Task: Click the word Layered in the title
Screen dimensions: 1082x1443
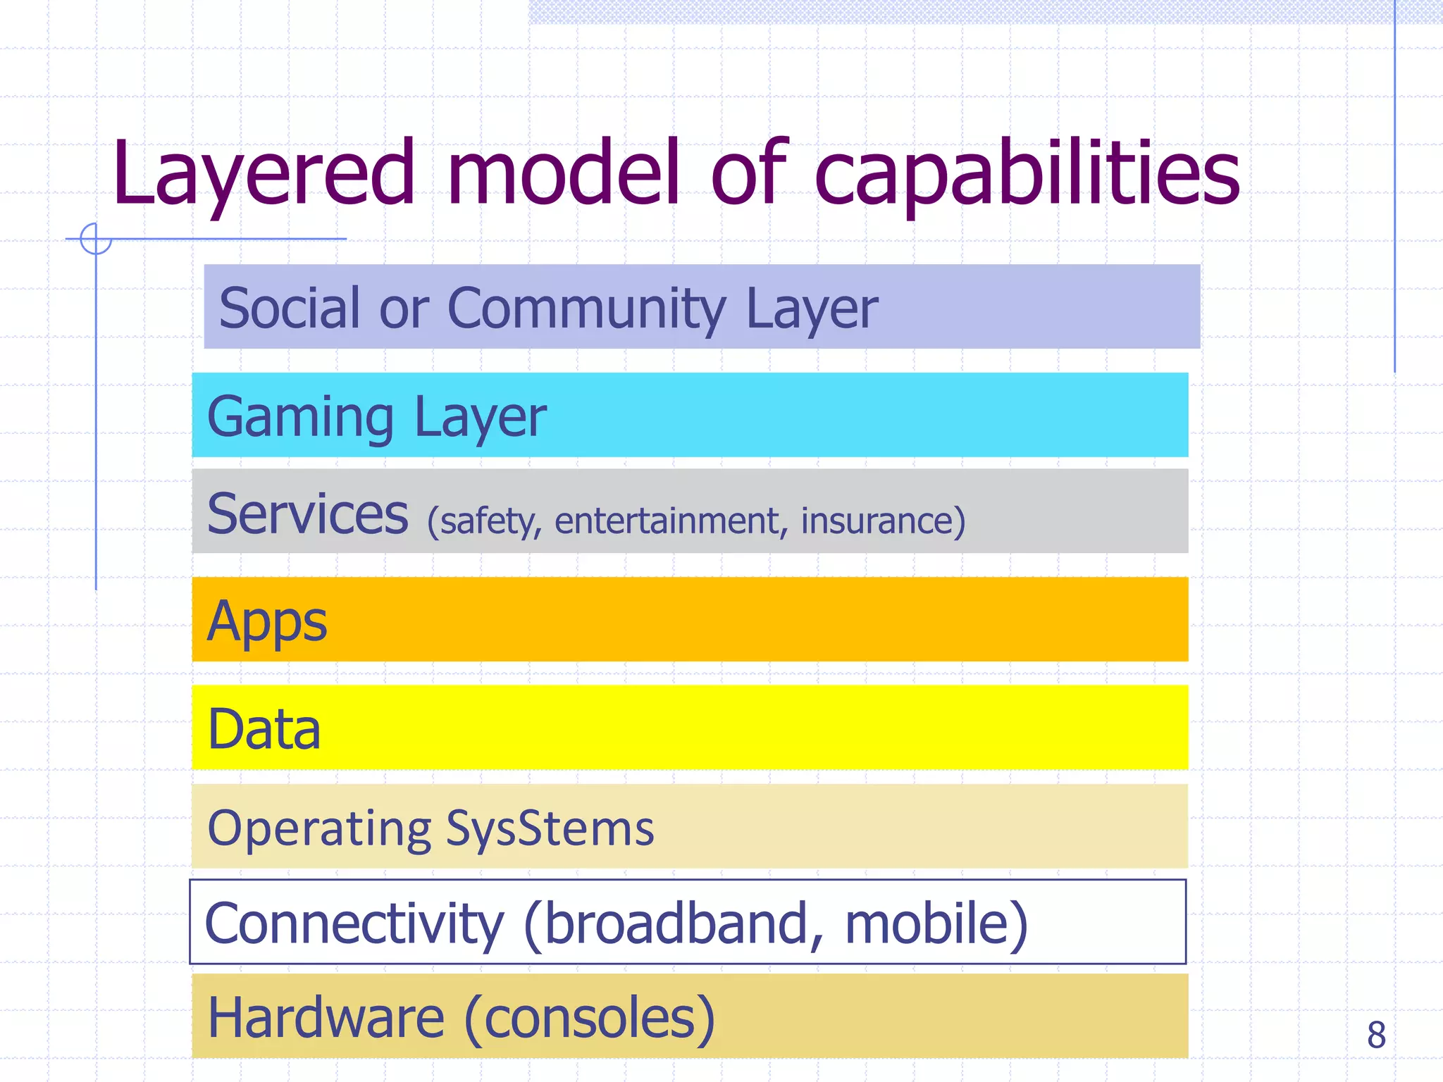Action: coord(264,174)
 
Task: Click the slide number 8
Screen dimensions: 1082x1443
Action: coord(1376,1035)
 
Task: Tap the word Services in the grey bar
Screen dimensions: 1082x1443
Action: coord(308,514)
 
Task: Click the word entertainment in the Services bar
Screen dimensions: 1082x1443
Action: coord(667,521)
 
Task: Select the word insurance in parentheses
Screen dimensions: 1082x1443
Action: coord(877,521)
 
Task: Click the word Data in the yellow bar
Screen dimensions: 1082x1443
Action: coord(264,729)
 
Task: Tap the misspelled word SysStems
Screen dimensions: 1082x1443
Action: coord(550,828)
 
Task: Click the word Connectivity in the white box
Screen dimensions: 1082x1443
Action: coord(354,924)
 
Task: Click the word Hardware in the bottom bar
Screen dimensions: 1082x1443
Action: coord(326,1017)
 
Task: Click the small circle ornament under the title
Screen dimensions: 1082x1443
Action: coord(96,239)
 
